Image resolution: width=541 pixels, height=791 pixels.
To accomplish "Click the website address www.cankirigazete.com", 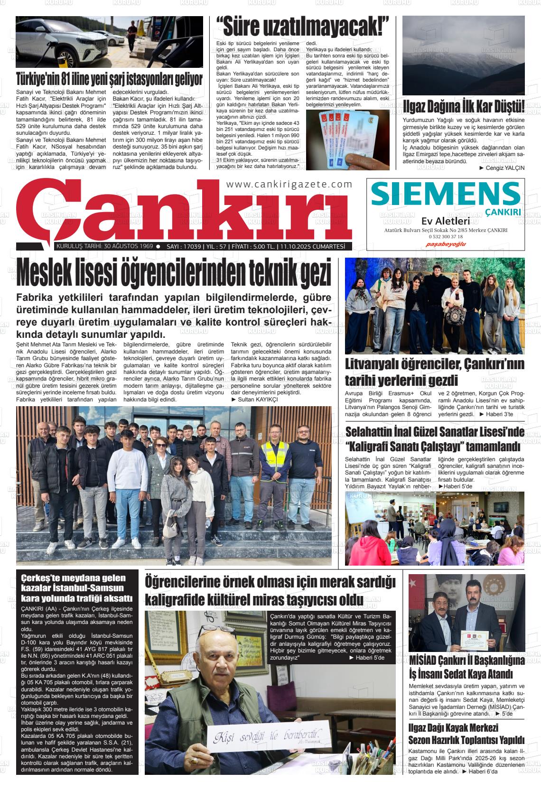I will (289, 185).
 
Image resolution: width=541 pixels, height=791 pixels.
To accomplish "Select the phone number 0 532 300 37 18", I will (446, 237).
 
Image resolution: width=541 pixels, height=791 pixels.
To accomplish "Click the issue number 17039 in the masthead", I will (191, 247).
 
